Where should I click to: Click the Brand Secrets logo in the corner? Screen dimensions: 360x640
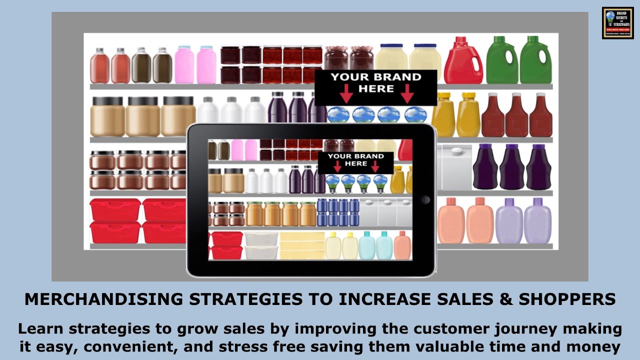point(617,23)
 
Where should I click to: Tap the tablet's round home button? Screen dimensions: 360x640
point(425,200)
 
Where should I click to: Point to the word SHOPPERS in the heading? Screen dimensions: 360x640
point(567,299)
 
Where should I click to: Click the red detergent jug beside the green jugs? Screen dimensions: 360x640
point(463,61)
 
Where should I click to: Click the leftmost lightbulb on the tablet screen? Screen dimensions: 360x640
point(332,183)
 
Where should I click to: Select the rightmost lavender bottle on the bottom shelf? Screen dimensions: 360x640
point(537,221)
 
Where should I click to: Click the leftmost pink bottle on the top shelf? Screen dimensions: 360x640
point(184,65)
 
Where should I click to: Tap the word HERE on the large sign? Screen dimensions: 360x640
point(376,89)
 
